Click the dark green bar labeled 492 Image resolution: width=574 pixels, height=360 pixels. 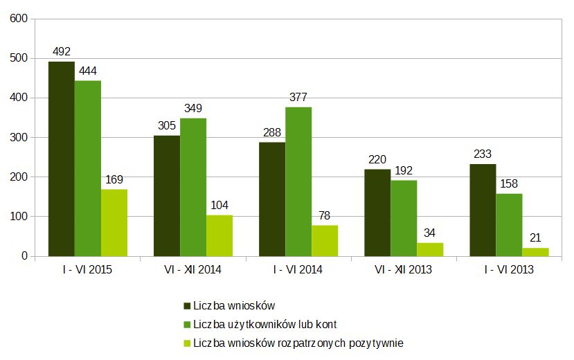click(61, 159)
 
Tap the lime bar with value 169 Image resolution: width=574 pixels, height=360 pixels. click(114, 222)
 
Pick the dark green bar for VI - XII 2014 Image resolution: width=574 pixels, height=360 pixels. click(167, 196)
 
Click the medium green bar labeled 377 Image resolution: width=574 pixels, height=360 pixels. click(298, 181)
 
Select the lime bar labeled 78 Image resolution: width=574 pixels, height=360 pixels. click(325, 240)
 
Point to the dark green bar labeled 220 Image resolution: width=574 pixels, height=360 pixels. click(377, 213)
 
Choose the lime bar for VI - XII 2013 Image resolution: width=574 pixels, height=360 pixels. click(430, 249)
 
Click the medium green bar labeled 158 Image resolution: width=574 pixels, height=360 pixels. click(509, 225)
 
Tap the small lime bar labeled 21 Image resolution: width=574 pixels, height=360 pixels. click(535, 252)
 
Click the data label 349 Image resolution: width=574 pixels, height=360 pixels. click(193, 109)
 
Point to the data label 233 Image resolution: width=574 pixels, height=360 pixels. click(483, 154)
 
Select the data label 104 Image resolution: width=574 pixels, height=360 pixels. click(219, 206)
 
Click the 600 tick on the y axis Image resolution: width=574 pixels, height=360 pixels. click(18, 19)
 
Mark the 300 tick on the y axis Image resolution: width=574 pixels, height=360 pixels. click(18, 138)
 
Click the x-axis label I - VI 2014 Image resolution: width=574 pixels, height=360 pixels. click(298, 270)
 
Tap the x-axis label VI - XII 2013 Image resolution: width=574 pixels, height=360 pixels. click(403, 270)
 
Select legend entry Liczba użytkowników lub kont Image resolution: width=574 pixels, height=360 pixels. click(264, 324)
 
